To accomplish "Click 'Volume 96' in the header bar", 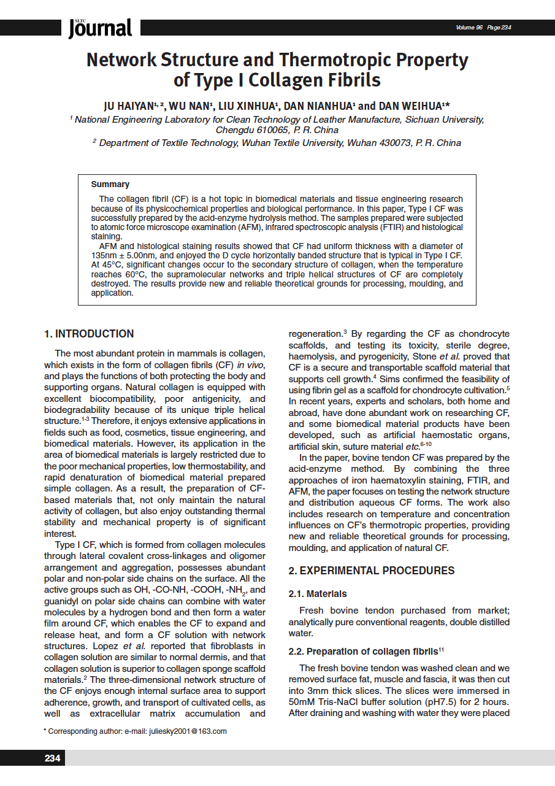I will (x=469, y=28).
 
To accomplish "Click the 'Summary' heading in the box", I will (x=110, y=184).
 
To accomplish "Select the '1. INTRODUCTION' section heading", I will (x=89, y=334).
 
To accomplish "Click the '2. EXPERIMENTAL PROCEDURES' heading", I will (x=372, y=571).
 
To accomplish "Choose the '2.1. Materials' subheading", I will (x=318, y=594).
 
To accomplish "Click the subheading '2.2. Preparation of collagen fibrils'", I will (x=363, y=651).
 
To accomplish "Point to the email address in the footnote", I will (x=187, y=731).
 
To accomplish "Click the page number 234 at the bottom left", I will (x=52, y=758).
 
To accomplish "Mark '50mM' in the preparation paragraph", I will (x=302, y=701).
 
